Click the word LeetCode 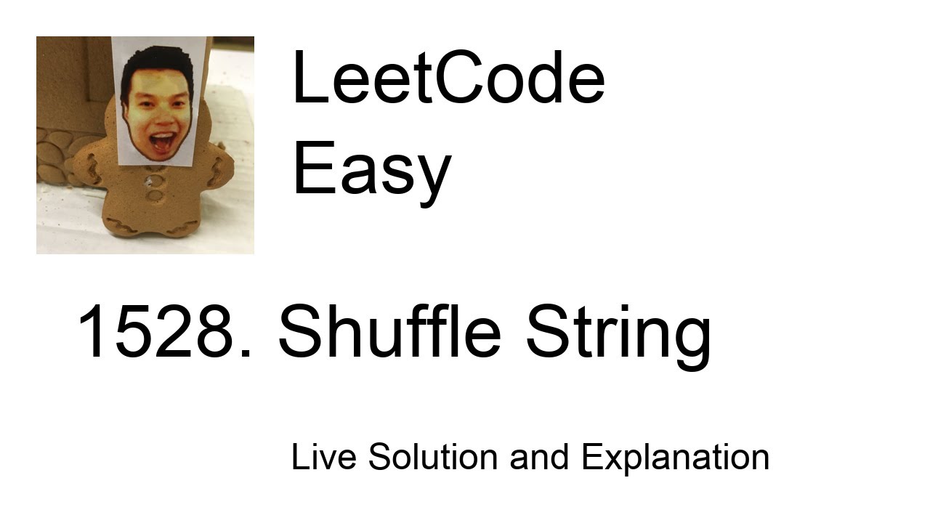click(448, 78)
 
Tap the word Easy click(371, 170)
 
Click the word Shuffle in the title click(389, 332)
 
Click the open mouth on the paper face click(161, 141)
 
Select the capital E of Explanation click(591, 457)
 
